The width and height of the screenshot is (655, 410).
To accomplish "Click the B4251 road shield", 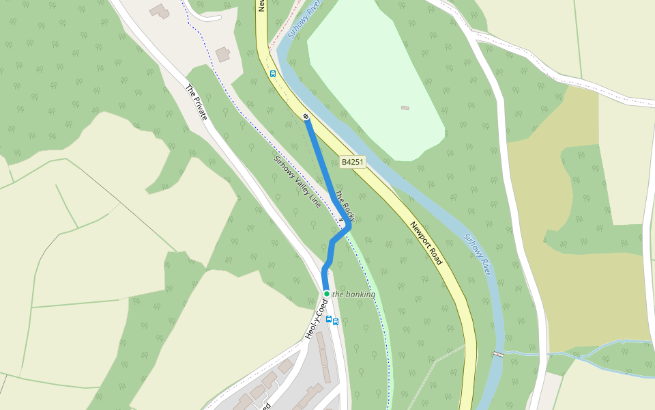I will (x=353, y=162).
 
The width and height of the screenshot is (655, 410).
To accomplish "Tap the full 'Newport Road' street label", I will (x=426, y=243).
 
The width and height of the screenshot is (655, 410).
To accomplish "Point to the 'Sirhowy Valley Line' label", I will (x=297, y=181).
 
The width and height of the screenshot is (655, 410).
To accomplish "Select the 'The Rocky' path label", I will (x=345, y=206).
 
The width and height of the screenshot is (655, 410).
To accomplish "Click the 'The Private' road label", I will (x=196, y=102).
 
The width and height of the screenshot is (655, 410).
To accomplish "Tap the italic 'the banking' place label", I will (x=353, y=295).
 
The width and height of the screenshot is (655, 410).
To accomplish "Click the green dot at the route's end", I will (x=327, y=294).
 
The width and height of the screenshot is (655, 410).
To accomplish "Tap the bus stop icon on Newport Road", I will (x=273, y=73).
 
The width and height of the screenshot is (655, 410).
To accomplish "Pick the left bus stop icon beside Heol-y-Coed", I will (x=328, y=319).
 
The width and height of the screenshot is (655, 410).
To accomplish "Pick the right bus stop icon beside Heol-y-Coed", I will (x=336, y=321).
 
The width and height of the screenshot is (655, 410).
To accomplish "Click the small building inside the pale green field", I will (x=405, y=107).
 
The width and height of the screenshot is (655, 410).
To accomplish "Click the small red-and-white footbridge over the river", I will (x=499, y=353).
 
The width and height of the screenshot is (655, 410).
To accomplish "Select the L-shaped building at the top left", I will (x=160, y=11).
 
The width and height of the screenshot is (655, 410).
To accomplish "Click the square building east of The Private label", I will (x=222, y=54).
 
